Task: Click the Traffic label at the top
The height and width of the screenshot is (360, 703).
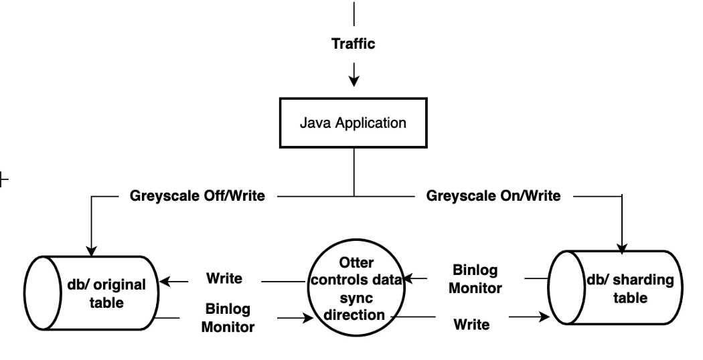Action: point(354,45)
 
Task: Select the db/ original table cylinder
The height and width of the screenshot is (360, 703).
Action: point(94,293)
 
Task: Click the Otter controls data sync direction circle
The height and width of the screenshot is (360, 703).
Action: point(357,288)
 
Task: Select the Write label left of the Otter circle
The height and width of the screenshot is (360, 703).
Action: point(224,277)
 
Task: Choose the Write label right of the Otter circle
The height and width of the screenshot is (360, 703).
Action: point(471,325)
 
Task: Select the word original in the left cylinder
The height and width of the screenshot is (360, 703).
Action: point(123,285)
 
